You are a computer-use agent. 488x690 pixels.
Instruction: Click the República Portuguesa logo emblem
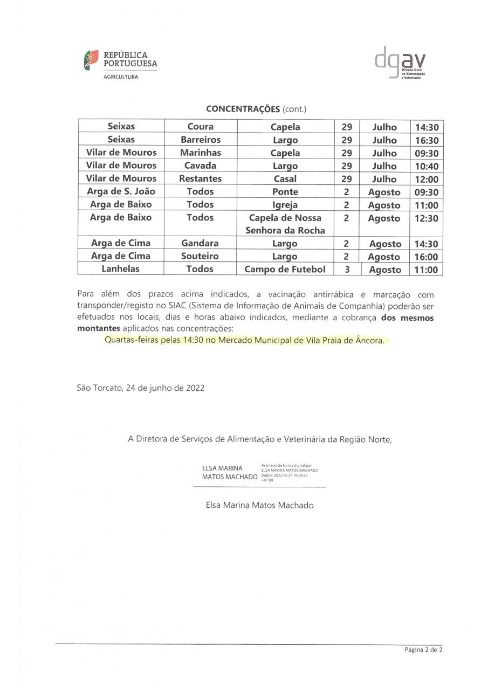tap(91, 60)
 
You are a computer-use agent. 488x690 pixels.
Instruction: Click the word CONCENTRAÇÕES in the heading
tap(243, 109)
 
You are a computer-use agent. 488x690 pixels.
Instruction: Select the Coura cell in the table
tap(201, 127)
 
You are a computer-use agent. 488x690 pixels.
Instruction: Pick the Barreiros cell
tap(201, 140)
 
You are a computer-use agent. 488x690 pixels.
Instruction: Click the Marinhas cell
tap(201, 153)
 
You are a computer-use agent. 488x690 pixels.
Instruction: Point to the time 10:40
tap(426, 166)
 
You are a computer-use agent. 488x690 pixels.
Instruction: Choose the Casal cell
tap(285, 179)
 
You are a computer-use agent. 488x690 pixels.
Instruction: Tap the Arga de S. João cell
tap(121, 191)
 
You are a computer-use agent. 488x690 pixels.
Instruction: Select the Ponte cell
tap(285, 192)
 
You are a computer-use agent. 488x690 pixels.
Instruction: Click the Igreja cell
tap(285, 205)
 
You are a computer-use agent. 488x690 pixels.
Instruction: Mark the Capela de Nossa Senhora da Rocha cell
tap(285, 224)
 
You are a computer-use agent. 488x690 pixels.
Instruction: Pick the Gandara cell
tap(200, 244)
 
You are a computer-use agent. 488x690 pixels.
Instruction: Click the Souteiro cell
tap(200, 257)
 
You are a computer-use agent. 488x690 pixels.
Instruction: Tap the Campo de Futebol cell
tap(285, 270)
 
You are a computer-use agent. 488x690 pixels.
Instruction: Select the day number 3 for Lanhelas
tap(347, 270)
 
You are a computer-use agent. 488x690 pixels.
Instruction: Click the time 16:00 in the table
tap(426, 257)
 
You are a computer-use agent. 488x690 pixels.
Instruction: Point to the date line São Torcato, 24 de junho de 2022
tap(141, 388)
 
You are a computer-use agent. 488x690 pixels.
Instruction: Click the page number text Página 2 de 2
tap(423, 650)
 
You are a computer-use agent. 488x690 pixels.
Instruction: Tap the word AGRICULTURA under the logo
tap(121, 77)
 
